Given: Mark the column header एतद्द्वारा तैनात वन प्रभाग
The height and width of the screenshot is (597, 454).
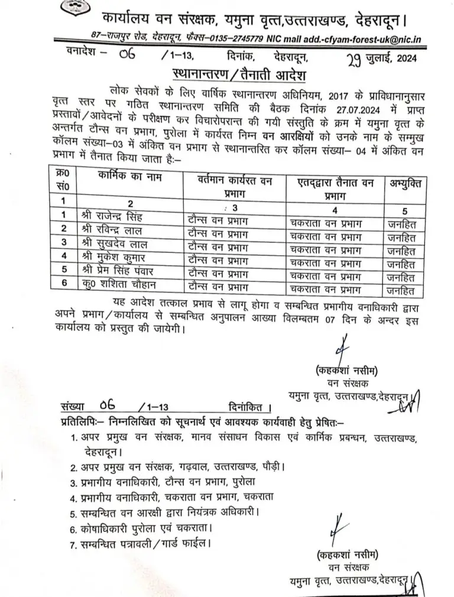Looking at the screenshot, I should pyautogui.click(x=335, y=189).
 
